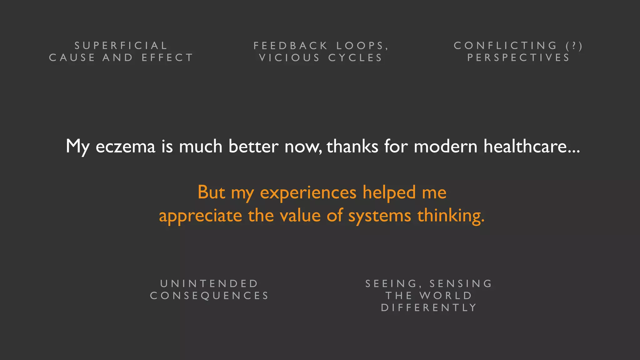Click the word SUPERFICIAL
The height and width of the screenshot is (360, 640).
(x=121, y=46)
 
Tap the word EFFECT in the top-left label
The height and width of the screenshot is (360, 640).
(x=167, y=58)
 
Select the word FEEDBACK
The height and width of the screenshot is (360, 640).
(x=290, y=46)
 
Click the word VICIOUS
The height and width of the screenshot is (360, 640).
(x=290, y=58)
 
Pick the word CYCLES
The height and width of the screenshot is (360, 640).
(x=355, y=58)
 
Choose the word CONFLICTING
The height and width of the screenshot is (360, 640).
(x=505, y=46)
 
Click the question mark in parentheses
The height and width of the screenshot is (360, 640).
(x=574, y=46)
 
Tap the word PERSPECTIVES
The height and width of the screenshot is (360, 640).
(x=518, y=58)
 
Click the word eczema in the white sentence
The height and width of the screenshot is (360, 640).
(x=125, y=147)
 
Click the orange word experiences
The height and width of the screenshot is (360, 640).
(x=308, y=192)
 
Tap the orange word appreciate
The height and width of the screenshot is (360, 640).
(x=200, y=216)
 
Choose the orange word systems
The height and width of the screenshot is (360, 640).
(x=379, y=216)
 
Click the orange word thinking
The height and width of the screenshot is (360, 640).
(x=451, y=216)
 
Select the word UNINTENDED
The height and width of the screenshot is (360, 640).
(x=209, y=284)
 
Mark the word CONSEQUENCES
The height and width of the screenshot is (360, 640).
(x=209, y=296)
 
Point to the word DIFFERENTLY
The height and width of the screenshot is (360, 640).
(x=429, y=308)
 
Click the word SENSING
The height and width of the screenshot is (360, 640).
(x=461, y=284)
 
